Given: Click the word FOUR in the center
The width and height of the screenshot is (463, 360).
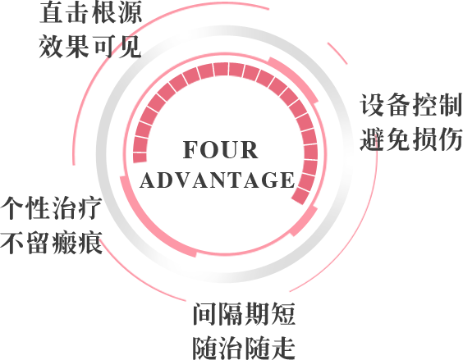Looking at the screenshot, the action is (x=220, y=149).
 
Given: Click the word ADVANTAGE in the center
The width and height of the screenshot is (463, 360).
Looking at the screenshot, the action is (x=218, y=180).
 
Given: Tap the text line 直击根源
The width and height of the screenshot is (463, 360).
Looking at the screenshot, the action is (x=90, y=12).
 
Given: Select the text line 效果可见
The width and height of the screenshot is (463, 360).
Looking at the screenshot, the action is (x=90, y=46).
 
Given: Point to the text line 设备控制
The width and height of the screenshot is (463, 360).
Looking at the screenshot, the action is (x=411, y=105).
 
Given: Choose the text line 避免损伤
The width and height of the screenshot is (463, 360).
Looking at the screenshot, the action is (x=411, y=139).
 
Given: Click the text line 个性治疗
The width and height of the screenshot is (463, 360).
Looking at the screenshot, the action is (x=52, y=208).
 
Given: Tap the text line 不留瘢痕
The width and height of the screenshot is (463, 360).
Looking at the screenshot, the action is (x=52, y=243).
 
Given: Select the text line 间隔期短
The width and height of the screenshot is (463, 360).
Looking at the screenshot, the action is (x=244, y=314).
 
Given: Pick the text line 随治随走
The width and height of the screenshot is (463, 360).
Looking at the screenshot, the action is (x=244, y=348).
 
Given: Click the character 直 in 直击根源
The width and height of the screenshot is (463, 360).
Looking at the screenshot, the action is (x=52, y=12).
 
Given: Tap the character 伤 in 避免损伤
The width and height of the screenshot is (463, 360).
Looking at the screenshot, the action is (x=450, y=139).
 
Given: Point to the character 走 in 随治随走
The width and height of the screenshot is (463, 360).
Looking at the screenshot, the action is (x=283, y=348).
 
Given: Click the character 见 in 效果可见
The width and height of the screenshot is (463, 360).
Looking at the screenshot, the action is (x=130, y=46).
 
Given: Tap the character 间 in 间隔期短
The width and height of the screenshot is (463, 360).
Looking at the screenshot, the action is (x=205, y=314).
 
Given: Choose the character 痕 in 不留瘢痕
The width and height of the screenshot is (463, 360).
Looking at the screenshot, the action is (x=90, y=243).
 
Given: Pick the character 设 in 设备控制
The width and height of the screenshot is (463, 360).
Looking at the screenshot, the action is (x=372, y=105).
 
